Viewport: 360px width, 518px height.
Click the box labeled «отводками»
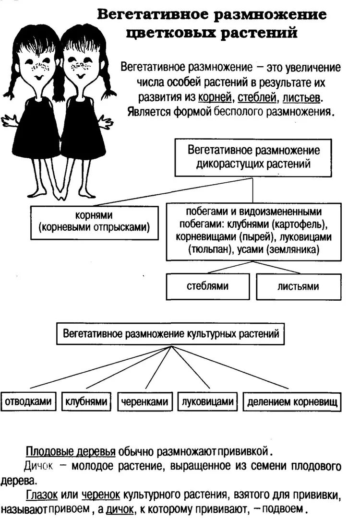pyautogui.click(x=29, y=401)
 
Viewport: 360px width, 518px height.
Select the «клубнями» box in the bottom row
pyautogui.click(x=86, y=401)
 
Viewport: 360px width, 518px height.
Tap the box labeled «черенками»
pyautogui.click(x=144, y=401)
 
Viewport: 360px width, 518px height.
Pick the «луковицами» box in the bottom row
pyautogui.click(x=208, y=401)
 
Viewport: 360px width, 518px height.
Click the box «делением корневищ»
pyautogui.click(x=292, y=401)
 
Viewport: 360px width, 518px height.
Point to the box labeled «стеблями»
pyautogui.click(x=207, y=286)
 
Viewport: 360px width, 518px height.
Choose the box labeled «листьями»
pyautogui.click(x=298, y=286)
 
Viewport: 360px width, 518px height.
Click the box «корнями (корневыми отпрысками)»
pyautogui.click(x=94, y=223)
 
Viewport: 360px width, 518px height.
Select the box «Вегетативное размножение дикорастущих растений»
pyautogui.click(x=253, y=157)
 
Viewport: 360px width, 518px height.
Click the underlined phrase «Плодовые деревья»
pyautogui.click(x=71, y=452)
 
